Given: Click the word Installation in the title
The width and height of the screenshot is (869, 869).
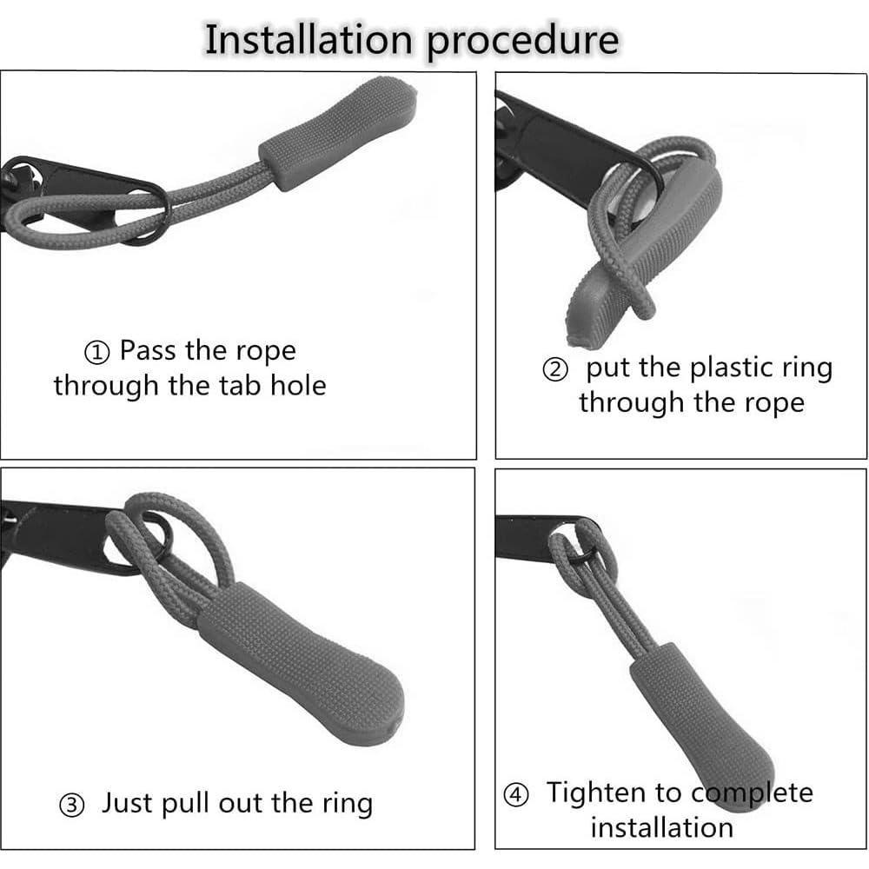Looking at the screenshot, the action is pyautogui.click(x=308, y=40).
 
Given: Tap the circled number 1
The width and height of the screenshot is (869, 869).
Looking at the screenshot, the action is pyautogui.click(x=96, y=353).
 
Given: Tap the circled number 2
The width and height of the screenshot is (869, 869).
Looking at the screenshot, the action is pyautogui.click(x=554, y=369).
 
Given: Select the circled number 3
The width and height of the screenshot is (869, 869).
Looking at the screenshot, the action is pyautogui.click(x=72, y=805).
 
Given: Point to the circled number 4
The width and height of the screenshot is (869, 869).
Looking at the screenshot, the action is pyautogui.click(x=515, y=795).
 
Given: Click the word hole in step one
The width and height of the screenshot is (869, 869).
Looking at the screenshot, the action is pyautogui.click(x=298, y=385).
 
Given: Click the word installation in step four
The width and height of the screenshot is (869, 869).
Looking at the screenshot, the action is pyautogui.click(x=661, y=827).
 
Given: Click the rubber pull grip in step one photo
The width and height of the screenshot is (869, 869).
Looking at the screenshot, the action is pyautogui.click(x=339, y=133).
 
